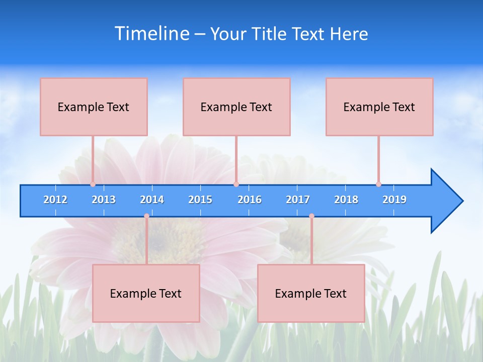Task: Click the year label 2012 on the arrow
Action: click(55, 200)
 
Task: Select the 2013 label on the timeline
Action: click(104, 200)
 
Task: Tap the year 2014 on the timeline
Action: click(152, 200)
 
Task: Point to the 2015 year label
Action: click(200, 200)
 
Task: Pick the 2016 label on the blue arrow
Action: click(250, 200)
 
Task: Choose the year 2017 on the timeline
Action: click(298, 200)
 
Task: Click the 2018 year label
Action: click(346, 200)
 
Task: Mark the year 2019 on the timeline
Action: click(394, 200)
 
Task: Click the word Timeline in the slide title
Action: click(152, 34)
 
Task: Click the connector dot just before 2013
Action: click(93, 184)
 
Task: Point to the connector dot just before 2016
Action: click(236, 184)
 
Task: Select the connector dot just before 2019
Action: click(378, 184)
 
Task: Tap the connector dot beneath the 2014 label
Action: click(146, 216)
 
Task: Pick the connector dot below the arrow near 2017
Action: click(311, 216)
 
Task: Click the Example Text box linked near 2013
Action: click(94, 107)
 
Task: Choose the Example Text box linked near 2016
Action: click(236, 107)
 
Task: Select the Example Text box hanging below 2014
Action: click(146, 294)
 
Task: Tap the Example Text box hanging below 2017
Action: click(311, 294)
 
